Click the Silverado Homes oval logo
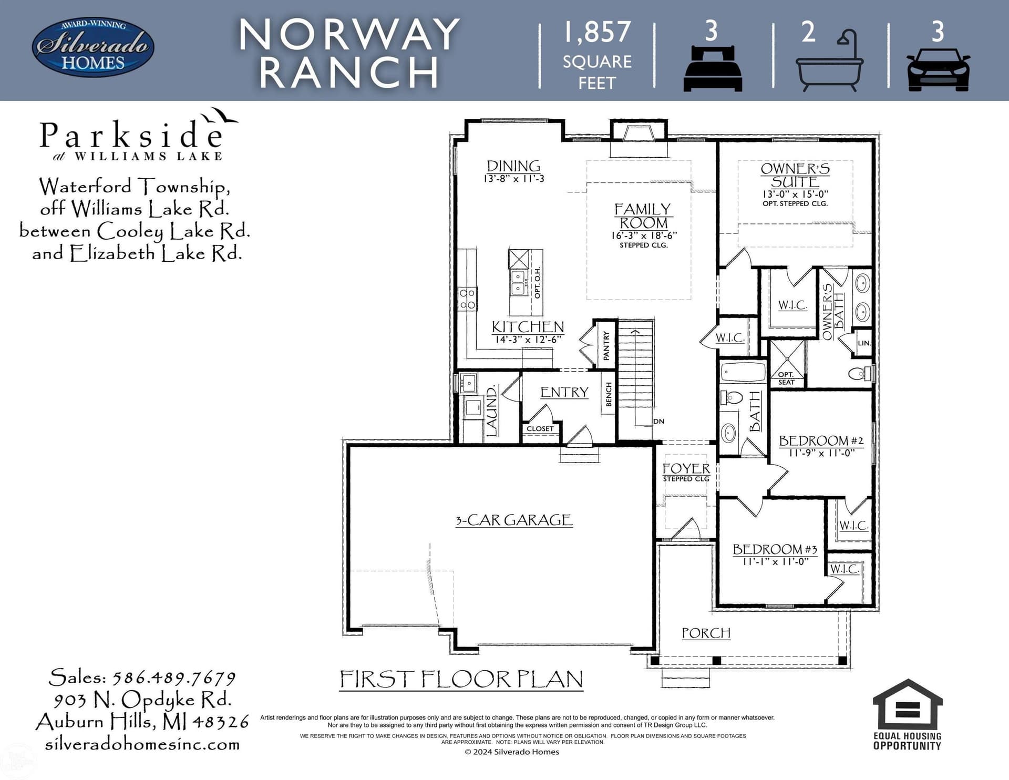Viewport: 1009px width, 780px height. tap(93, 48)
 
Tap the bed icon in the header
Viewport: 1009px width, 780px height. tap(712, 68)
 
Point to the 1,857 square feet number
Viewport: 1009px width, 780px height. tap(597, 32)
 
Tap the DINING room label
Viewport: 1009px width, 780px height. tap(513, 166)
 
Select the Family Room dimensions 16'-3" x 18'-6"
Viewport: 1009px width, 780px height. tap(644, 235)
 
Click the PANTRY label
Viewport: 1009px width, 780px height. tap(606, 345)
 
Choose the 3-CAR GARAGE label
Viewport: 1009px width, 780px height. tap(514, 520)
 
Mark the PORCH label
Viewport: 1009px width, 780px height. tap(706, 633)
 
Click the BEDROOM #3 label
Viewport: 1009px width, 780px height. tap(775, 549)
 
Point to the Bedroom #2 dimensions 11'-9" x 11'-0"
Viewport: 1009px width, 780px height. tap(822, 453)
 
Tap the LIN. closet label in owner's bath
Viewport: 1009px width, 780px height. tap(864, 343)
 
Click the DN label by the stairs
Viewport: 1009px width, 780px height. tap(659, 421)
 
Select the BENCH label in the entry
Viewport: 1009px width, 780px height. tap(609, 394)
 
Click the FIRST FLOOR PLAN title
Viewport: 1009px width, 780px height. tap(461, 679)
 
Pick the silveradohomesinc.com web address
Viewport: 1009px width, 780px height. tap(142, 744)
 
